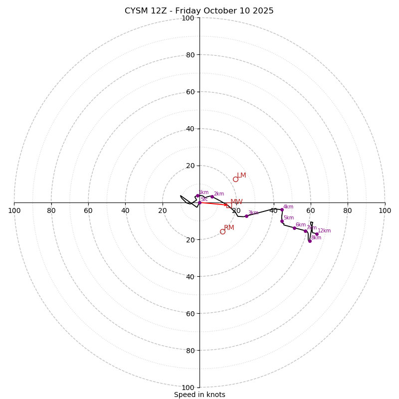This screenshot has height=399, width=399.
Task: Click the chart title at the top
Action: pos(199,11)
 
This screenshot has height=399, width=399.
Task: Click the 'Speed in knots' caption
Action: pos(199,395)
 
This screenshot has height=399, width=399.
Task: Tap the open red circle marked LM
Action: pos(235,180)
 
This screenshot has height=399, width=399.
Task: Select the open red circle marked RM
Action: pos(222,231)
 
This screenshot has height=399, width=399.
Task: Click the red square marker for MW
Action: pos(229,205)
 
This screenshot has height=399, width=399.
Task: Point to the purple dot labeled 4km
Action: pos(282,210)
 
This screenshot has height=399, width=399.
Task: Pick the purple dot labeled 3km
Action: pos(246,216)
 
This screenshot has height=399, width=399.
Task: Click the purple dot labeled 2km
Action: pos(212,197)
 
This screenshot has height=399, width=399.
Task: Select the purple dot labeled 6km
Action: pos(294,228)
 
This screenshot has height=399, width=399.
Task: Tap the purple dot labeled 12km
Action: pos(317,234)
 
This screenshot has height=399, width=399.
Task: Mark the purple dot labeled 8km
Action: pos(310,241)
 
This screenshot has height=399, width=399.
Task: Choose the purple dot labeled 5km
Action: pos(282,221)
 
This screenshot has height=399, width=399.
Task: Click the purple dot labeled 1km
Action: pos(198,196)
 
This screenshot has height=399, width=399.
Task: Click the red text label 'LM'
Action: pos(241,176)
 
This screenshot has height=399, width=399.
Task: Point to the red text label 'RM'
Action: pos(229,227)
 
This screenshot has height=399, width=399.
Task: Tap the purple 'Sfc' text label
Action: pos(204,199)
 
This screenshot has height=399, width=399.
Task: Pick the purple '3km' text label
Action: pos(253,213)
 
